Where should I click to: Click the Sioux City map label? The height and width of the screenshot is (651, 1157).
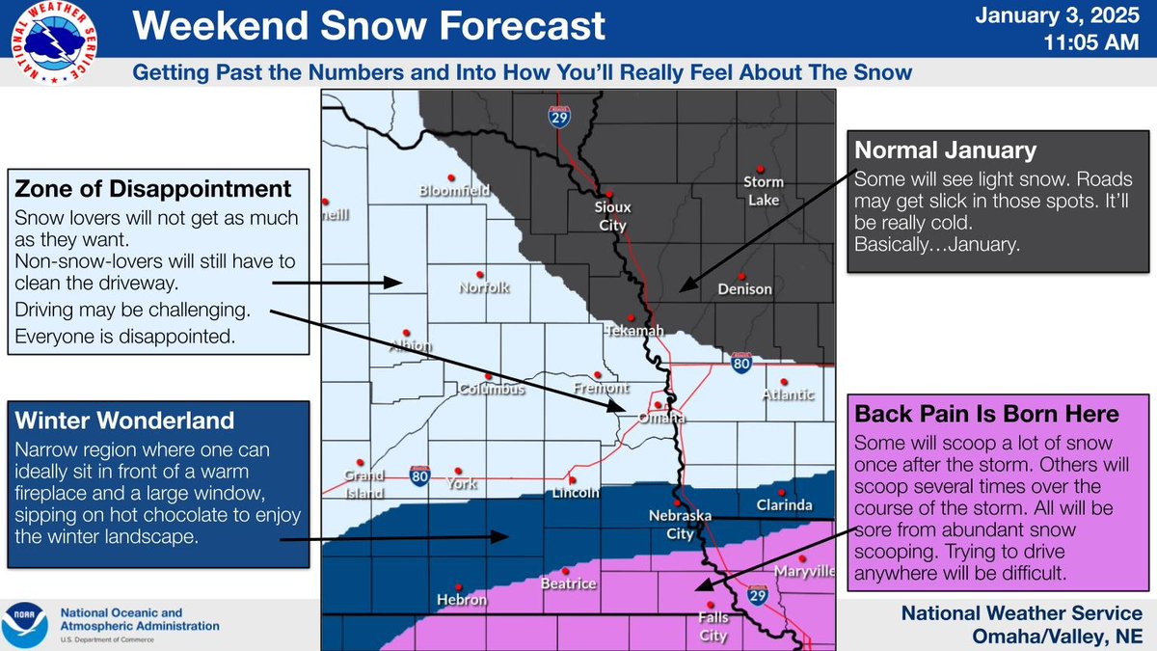pos(612,217)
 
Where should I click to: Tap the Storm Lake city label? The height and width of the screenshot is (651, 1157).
pos(764,191)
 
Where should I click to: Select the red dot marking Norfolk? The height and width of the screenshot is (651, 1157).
pos(479,273)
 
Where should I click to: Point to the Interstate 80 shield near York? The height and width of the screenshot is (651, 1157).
pos(418,475)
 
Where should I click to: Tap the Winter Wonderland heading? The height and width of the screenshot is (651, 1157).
pos(125,420)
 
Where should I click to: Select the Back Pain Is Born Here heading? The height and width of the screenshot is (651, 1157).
pos(987,414)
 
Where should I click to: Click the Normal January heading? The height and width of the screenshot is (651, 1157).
pos(945,150)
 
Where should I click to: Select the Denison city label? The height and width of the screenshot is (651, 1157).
pos(744,288)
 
